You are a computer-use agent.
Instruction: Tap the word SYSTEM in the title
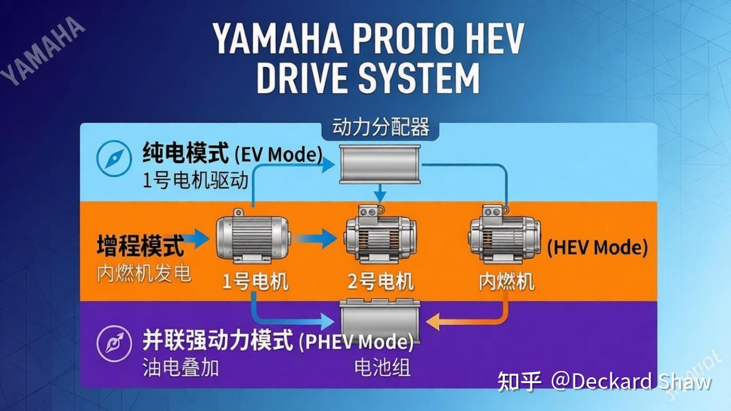tap(419, 79)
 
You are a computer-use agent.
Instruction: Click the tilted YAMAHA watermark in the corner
tap(42, 51)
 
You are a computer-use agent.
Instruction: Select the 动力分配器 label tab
tap(380, 127)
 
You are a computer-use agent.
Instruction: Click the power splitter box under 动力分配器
tap(380, 164)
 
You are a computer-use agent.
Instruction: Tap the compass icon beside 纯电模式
tap(114, 159)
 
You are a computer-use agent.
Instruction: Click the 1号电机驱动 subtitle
tap(196, 181)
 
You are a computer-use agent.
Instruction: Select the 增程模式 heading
tap(140, 245)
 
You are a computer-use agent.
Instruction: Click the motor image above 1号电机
tap(253, 237)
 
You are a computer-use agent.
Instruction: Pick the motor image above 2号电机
tap(380, 234)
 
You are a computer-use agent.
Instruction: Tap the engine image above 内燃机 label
tap(504, 234)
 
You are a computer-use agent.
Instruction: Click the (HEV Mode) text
tap(597, 248)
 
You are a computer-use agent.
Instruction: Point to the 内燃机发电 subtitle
tap(143, 273)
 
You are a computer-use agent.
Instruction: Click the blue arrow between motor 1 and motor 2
tap(316, 239)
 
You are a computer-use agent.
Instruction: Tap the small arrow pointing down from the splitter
tap(380, 193)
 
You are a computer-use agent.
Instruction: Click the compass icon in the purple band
tap(114, 344)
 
